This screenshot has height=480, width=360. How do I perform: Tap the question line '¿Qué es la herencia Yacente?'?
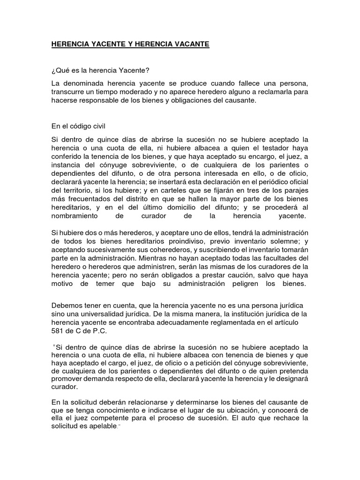100,71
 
